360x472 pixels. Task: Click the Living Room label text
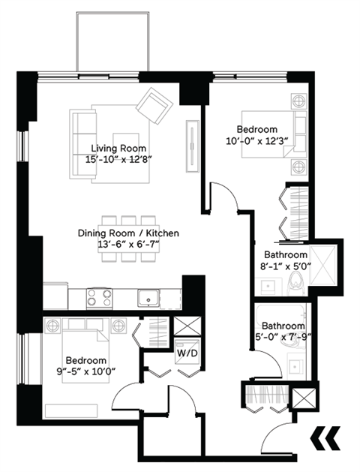(x=118, y=148)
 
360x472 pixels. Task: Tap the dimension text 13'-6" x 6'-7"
(x=128, y=245)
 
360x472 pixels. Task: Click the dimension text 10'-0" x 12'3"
(x=257, y=140)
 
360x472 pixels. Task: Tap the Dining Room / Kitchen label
(x=128, y=233)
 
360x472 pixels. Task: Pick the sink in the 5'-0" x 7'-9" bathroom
(x=294, y=366)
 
